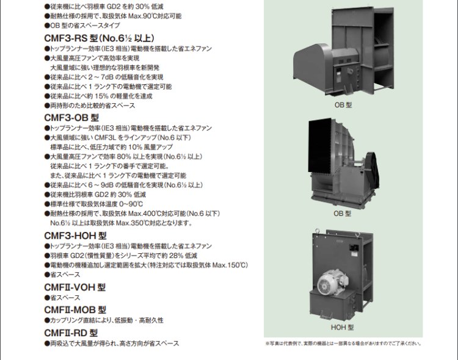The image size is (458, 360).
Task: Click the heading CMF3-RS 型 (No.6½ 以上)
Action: (x=100, y=38)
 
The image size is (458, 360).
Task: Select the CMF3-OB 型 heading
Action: (x=71, y=118)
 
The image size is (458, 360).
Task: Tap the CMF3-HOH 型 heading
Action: (x=75, y=236)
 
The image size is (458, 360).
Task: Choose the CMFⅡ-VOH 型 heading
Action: (x=75, y=287)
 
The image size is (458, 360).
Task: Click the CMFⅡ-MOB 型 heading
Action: (x=75, y=310)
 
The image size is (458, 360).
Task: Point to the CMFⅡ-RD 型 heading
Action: (x=71, y=333)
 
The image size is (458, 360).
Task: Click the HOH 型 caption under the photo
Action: (x=342, y=328)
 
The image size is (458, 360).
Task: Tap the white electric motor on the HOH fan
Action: (x=332, y=281)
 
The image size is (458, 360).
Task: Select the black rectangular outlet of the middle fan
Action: (x=320, y=146)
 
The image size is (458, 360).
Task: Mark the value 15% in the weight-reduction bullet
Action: (x=101, y=96)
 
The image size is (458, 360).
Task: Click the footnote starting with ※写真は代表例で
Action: (x=343, y=344)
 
